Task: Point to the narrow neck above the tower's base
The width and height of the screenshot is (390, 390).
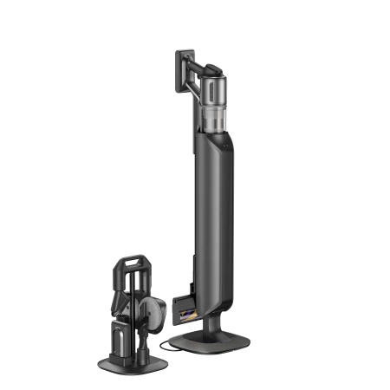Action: tap(211, 322)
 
